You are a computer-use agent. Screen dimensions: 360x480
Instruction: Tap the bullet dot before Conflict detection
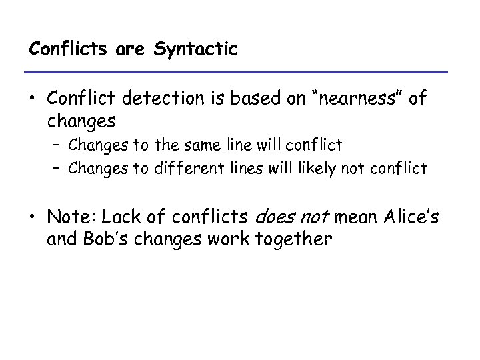pos(33,101)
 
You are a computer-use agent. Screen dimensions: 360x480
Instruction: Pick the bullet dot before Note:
pos(33,217)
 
